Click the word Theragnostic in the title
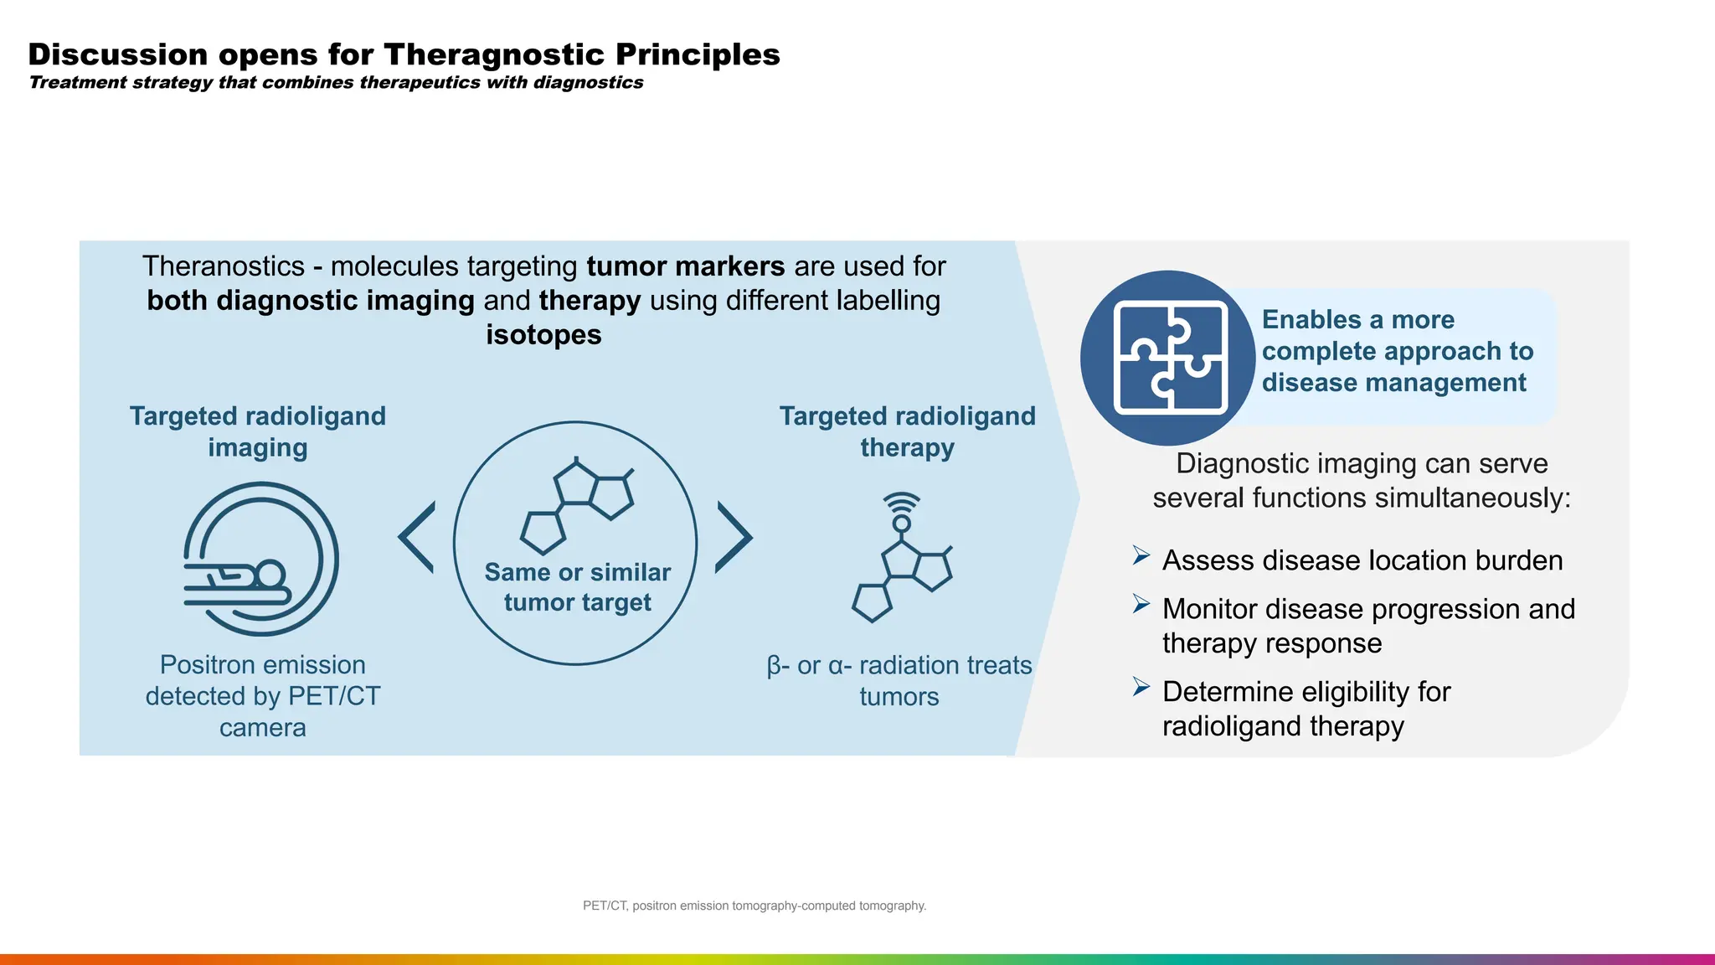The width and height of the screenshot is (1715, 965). pyautogui.click(x=494, y=54)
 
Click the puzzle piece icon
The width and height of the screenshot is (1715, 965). pyautogui.click(x=1170, y=358)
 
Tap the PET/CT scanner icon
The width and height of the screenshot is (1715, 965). pyautogui.click(x=260, y=559)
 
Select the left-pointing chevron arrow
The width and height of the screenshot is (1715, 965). pyautogui.click(x=417, y=537)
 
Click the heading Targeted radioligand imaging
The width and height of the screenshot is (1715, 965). pyautogui.click(x=257, y=431)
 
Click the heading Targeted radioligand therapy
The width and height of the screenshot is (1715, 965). pyautogui.click(x=907, y=431)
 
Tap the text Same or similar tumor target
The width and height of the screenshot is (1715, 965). pyautogui.click(x=577, y=587)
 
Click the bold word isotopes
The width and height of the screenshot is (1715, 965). pyautogui.click(x=543, y=335)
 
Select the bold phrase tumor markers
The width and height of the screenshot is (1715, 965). pyautogui.click(x=685, y=266)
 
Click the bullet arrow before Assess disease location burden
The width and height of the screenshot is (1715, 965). pyautogui.click(x=1141, y=555)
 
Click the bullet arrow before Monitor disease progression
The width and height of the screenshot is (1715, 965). pyautogui.click(x=1141, y=604)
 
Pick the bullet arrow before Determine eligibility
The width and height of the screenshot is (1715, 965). pyautogui.click(x=1141, y=687)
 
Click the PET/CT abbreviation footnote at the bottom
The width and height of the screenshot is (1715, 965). pyautogui.click(x=754, y=906)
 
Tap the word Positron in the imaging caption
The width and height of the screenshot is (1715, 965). pyautogui.click(x=203, y=665)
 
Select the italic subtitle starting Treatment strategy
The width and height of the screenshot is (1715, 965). pyautogui.click(x=336, y=82)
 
